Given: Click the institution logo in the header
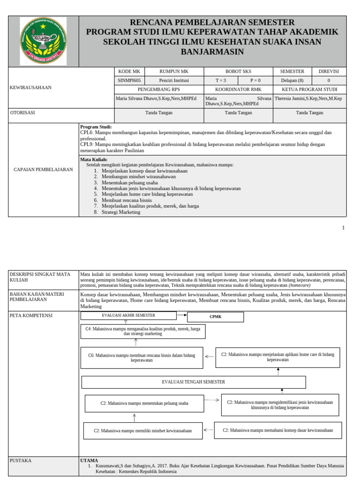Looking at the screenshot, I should click(43, 41).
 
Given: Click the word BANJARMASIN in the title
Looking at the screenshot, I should click(212, 52).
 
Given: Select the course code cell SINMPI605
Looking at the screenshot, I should click(129, 80).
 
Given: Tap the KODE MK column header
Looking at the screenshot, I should click(129, 71).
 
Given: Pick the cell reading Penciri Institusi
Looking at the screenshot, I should click(174, 80).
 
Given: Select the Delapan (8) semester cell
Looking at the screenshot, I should click(292, 80).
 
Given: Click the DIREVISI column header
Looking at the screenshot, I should click(329, 71).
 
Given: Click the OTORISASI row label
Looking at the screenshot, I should click(22, 112).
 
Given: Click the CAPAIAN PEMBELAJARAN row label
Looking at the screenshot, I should click(43, 169).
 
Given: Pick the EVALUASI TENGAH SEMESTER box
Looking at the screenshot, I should click(193, 382).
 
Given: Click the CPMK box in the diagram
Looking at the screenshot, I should click(215, 317).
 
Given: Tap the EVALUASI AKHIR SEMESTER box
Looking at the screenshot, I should click(128, 315).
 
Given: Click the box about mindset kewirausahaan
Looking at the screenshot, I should click(142, 430).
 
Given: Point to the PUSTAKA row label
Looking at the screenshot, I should click(21, 460).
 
